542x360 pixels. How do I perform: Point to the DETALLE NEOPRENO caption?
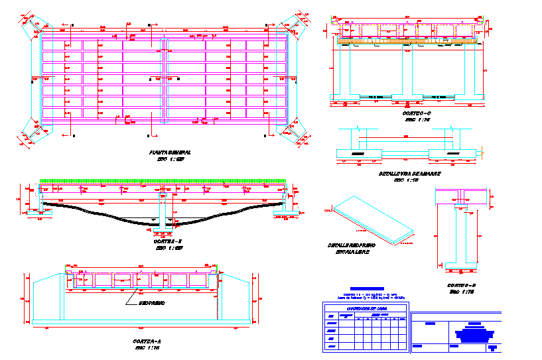tap(352, 245)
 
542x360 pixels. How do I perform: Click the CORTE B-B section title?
tap(462, 285)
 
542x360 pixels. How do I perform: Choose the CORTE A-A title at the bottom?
tap(148, 341)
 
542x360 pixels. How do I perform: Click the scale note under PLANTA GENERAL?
tap(170, 160)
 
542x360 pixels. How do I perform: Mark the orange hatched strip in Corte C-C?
tap(408, 42)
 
